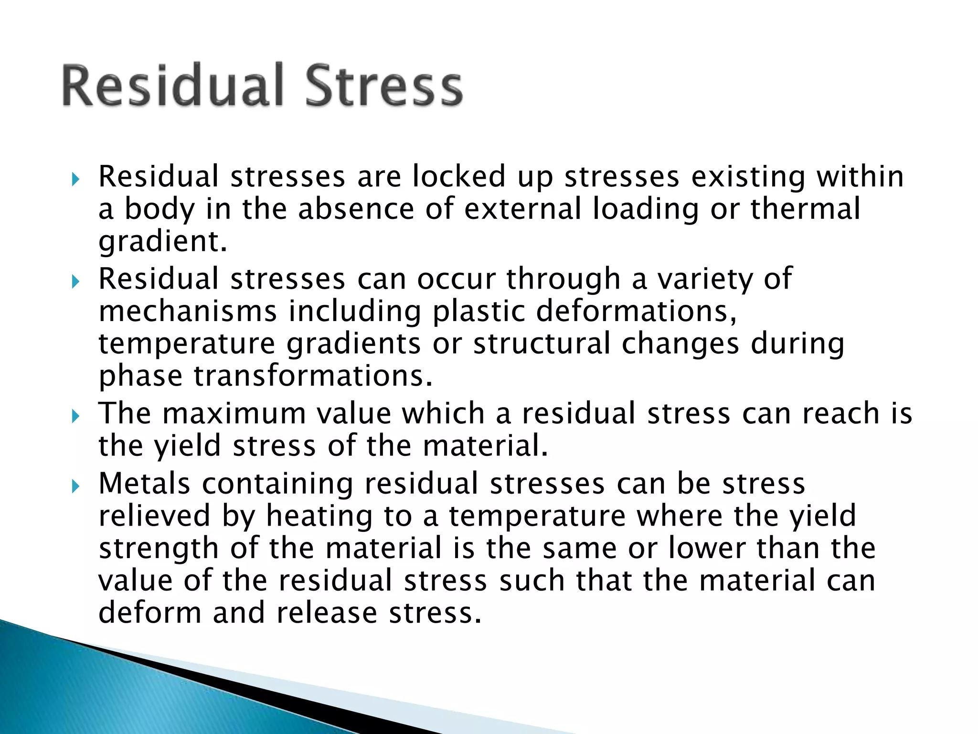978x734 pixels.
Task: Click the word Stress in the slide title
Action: coord(383,86)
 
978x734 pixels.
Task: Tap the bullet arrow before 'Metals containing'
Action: coord(75,487)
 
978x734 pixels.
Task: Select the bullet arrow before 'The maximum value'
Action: coord(75,417)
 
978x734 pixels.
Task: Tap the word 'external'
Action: coord(522,209)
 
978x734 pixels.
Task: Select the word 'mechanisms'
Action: coord(188,312)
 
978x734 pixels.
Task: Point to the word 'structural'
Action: coord(542,344)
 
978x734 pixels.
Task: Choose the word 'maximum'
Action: coord(234,414)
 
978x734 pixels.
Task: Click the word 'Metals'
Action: coord(144,484)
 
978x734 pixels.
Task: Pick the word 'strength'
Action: coord(159,549)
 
